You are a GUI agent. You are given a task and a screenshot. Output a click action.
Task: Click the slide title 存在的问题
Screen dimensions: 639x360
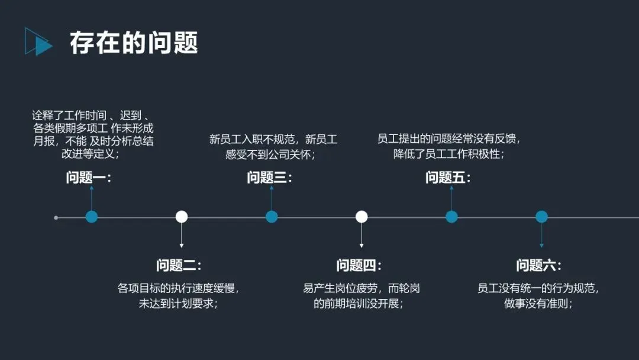pos(134,43)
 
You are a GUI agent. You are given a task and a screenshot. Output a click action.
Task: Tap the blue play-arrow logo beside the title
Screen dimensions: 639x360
pos(38,42)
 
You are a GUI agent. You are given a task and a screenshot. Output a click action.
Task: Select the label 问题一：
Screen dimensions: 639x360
pos(89,178)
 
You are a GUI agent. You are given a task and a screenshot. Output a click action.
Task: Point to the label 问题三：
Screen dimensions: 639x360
pos(270,178)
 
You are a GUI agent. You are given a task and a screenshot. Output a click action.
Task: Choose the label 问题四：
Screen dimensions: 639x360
pos(359,265)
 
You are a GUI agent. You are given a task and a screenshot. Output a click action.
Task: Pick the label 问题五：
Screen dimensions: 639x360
pos(448,178)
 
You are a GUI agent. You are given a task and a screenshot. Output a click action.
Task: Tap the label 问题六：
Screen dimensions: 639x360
pos(539,265)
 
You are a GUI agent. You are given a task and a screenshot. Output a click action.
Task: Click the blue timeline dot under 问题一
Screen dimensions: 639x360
pos(91,217)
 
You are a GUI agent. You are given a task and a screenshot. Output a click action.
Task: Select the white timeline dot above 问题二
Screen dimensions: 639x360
pos(182,217)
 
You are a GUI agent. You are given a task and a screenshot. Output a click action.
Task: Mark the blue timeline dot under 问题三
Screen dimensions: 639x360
pos(272,217)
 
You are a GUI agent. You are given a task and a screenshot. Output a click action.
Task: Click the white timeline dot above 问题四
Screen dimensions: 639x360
pos(362,217)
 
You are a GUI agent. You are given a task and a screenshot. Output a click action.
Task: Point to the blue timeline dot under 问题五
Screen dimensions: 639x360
pos(451,217)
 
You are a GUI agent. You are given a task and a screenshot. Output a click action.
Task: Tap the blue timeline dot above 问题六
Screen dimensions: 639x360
pos(541,217)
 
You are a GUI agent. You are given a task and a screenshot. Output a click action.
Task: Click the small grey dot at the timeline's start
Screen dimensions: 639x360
pos(56,217)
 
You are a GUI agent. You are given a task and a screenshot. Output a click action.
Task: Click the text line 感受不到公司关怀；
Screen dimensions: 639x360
pos(270,155)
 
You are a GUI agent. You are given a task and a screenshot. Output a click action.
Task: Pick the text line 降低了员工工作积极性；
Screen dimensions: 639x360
pos(448,155)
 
